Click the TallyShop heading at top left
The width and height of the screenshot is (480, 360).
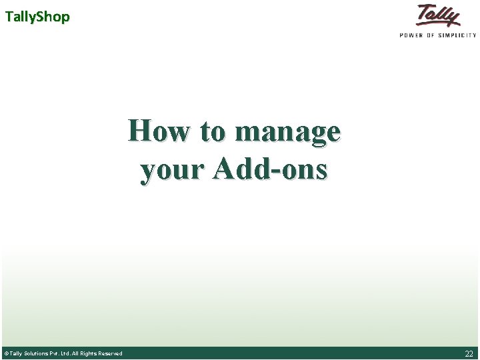(x=37, y=17)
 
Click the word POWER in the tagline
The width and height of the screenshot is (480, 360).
(x=413, y=35)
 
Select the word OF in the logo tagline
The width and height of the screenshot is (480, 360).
(x=435, y=35)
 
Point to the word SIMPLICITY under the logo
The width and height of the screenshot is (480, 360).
(x=461, y=35)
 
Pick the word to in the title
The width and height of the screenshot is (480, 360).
(x=213, y=131)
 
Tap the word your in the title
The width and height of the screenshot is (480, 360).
(x=172, y=171)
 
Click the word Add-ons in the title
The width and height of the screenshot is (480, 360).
(x=270, y=169)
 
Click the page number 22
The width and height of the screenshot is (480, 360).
(x=469, y=353)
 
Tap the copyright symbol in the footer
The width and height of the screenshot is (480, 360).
(x=6, y=353)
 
